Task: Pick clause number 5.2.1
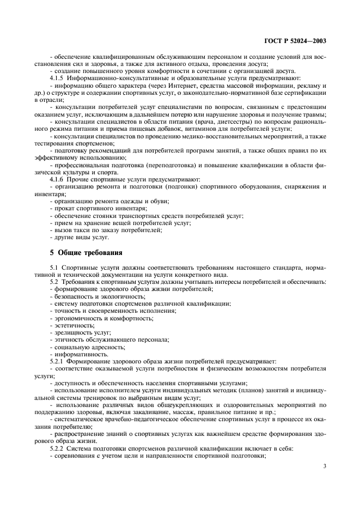(59, 361)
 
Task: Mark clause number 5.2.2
(59, 447)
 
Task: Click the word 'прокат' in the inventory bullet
(63, 208)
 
